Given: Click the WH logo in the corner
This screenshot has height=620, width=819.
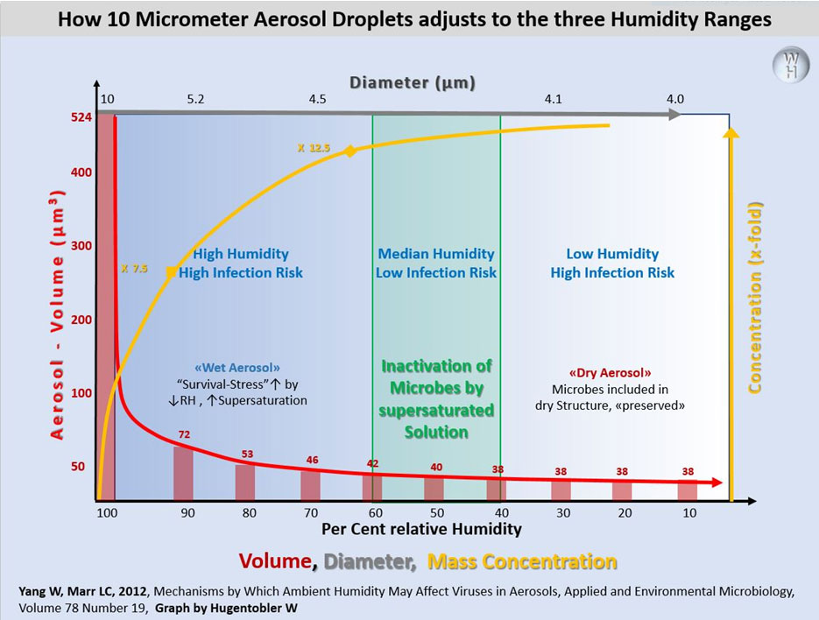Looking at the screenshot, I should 790,67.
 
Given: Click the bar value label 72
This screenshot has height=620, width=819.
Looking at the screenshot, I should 184,434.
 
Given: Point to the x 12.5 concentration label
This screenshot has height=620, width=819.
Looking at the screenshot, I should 313,149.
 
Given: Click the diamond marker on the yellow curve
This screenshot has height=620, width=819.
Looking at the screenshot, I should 350,151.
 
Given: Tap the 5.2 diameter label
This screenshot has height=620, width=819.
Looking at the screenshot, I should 195,100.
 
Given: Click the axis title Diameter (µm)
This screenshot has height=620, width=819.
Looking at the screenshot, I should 413,82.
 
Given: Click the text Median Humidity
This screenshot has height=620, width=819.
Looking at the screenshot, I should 436,254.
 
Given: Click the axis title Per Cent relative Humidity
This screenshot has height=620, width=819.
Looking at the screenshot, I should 421,529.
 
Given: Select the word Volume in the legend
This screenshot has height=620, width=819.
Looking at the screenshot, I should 278,561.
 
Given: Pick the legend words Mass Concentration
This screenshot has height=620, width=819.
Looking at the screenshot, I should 522,561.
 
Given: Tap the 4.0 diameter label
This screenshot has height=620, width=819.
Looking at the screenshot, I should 674,100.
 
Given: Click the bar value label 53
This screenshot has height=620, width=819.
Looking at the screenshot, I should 246,454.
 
